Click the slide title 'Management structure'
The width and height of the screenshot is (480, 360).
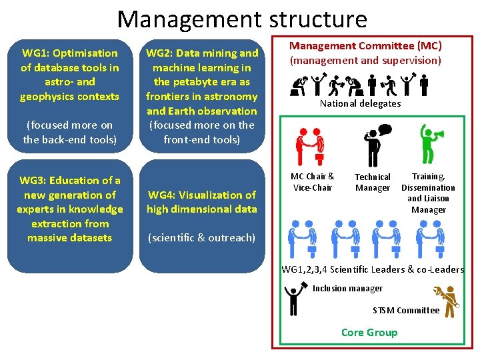(x=241, y=19)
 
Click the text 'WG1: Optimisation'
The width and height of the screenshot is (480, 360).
(x=70, y=53)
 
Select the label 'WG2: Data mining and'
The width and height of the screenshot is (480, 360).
(x=202, y=53)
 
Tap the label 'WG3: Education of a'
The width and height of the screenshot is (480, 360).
(x=70, y=180)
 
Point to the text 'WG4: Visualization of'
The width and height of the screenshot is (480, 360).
(x=202, y=195)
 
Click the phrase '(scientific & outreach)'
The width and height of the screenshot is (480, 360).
(x=202, y=237)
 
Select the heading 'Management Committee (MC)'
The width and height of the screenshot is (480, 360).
(x=365, y=46)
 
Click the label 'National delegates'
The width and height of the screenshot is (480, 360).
(x=360, y=103)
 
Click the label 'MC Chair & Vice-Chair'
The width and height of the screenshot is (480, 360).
(x=313, y=181)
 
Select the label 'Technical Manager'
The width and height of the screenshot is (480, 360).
(x=373, y=182)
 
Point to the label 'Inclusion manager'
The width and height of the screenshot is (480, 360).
(x=348, y=289)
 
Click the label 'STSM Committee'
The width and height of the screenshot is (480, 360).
(x=406, y=310)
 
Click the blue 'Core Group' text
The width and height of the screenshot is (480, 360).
(x=369, y=333)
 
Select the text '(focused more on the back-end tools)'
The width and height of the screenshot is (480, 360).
(x=70, y=132)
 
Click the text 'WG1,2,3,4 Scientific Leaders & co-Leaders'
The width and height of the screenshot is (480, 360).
(x=373, y=269)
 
